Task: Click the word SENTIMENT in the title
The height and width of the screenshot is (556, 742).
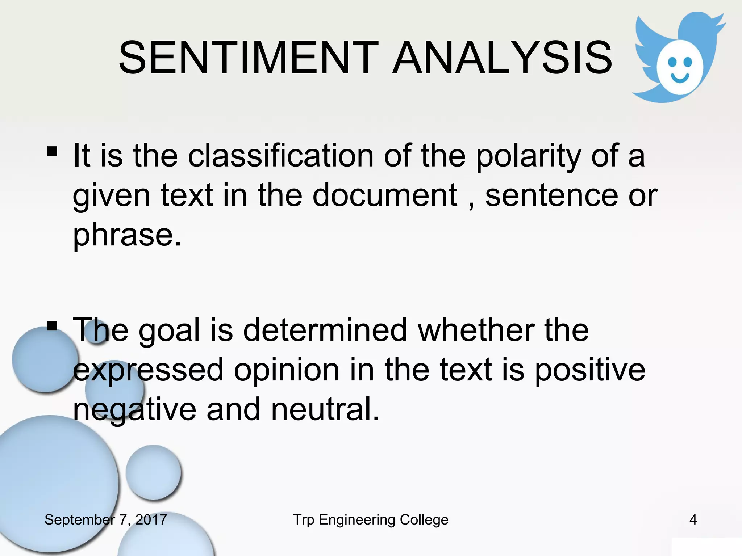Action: [x=249, y=58]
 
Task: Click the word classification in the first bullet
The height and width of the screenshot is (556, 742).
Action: [x=281, y=156]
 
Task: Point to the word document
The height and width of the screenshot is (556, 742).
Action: [x=385, y=195]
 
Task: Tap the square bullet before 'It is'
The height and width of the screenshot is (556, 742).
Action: [x=52, y=151]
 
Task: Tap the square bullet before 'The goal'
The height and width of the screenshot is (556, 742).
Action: [x=52, y=326]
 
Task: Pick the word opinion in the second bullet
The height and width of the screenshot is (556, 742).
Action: [x=286, y=370]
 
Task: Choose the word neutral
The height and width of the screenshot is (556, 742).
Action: [x=325, y=409]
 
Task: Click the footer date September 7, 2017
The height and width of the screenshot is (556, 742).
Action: [x=105, y=520]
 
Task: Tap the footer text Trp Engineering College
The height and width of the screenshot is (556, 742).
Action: [x=371, y=520]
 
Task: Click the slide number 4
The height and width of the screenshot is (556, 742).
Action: [x=693, y=520]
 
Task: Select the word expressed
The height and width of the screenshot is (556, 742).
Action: [x=148, y=370]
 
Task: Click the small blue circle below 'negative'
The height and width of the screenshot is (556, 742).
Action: [x=153, y=472]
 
